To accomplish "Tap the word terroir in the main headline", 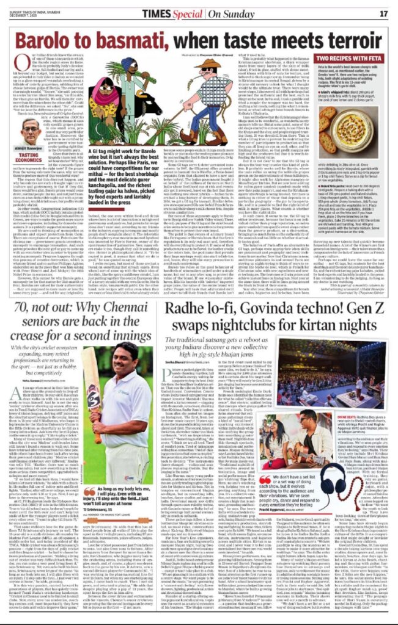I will (x=348, y=41).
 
